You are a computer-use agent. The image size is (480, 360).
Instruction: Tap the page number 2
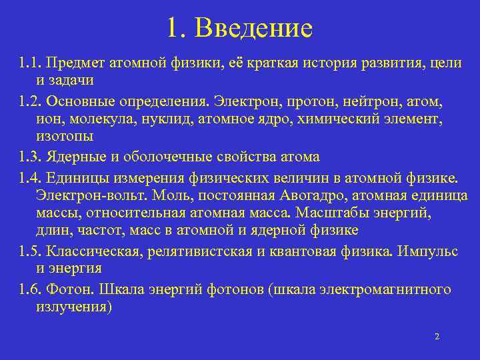[437, 337]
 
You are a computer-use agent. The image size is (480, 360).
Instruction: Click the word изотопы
[65, 136]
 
